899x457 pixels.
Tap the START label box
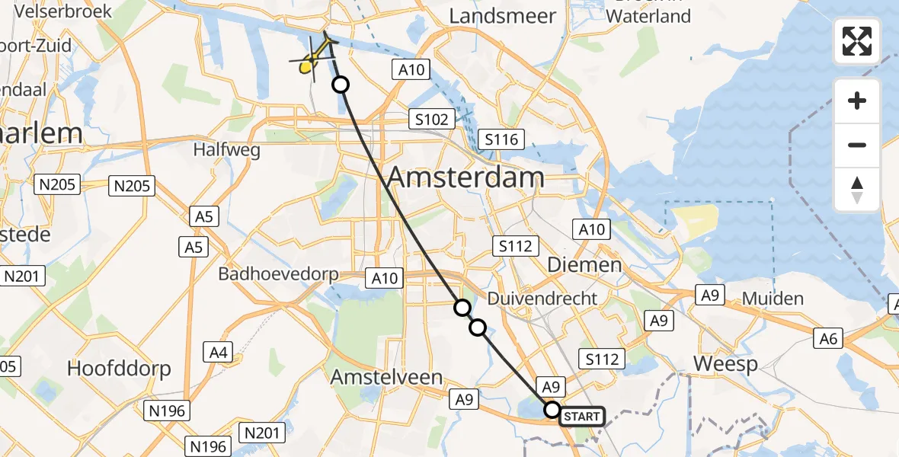[582, 417]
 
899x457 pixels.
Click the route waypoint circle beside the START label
[552, 410]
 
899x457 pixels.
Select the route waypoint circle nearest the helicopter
[341, 85]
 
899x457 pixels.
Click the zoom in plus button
[857, 101]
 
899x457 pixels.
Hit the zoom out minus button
[857, 145]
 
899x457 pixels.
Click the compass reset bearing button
[857, 189]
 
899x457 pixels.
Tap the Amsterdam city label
[465, 177]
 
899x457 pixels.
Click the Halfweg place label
[227, 150]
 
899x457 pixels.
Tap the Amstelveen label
[387, 377]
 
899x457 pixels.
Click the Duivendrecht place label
[542, 299]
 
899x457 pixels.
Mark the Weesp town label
[725, 364]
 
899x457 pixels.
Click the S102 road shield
[431, 119]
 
